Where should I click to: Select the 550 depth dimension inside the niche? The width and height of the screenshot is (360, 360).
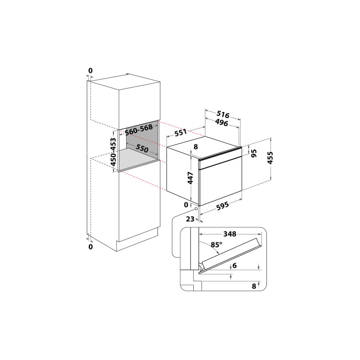point(142,148)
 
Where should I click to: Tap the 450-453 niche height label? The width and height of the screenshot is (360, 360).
point(113,152)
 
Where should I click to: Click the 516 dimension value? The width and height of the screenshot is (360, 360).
point(223,114)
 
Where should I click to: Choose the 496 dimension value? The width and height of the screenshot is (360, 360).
point(221,123)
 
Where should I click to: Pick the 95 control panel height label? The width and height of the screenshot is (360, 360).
point(253,153)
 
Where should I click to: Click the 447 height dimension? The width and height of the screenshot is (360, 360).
point(190,178)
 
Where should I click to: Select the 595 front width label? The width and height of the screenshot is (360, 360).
point(222,206)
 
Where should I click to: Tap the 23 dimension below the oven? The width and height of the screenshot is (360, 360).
point(190,219)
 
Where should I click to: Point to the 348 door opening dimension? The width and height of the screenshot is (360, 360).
point(230,234)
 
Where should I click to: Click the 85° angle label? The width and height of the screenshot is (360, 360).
point(216,245)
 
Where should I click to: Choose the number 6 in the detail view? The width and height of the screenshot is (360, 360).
point(234,265)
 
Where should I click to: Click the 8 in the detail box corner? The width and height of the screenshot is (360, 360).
point(254,286)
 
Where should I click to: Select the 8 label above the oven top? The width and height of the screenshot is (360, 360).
point(195,147)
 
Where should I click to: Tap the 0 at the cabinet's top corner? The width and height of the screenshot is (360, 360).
point(90,71)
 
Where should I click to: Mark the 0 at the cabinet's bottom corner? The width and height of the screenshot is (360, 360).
point(91,247)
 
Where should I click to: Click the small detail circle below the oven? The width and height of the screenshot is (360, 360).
point(196,209)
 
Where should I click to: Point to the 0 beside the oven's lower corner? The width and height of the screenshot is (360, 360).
point(186,205)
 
